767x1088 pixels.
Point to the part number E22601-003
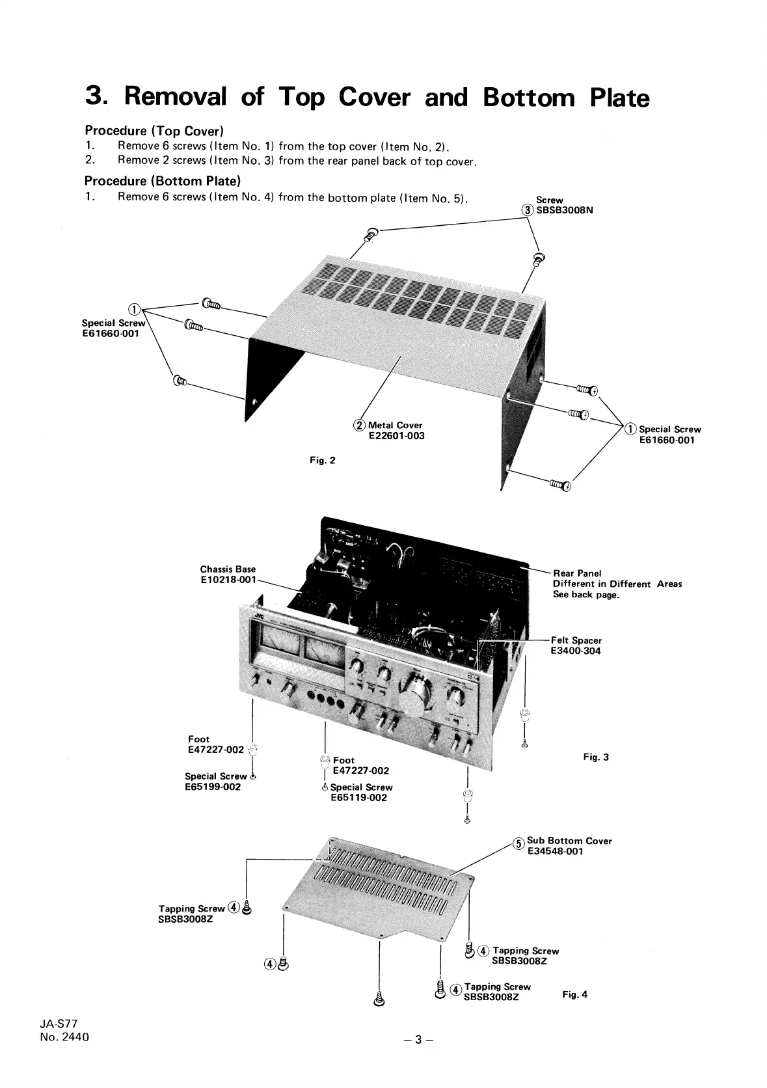[x=396, y=436]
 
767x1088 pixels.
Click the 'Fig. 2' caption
[x=323, y=461]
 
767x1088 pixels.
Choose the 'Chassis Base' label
[x=228, y=569]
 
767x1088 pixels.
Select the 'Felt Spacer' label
[x=576, y=640]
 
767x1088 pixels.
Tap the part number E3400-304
[x=575, y=651]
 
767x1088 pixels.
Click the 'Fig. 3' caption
[x=596, y=757]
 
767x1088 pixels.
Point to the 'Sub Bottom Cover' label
[x=569, y=841]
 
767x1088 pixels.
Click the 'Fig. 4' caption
[x=574, y=994]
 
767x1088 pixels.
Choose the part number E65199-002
[x=213, y=787]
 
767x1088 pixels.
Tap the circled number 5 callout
[x=518, y=843]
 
